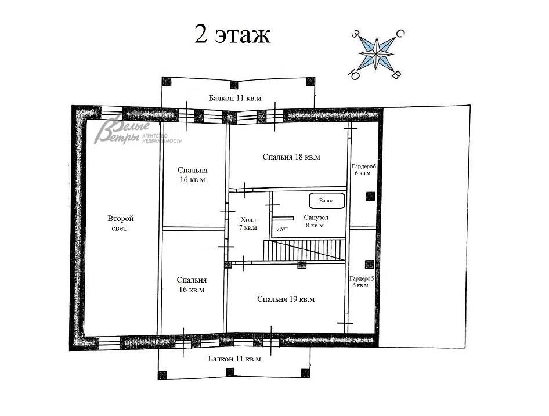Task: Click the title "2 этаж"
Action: click(x=233, y=35)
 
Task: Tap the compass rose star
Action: click(x=377, y=53)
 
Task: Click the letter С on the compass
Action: click(x=400, y=34)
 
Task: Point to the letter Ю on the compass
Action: click(x=354, y=75)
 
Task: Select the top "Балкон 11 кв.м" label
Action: click(x=235, y=98)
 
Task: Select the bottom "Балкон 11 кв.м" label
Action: click(x=234, y=359)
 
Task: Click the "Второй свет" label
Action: click(x=121, y=223)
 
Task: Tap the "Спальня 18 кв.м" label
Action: click(x=291, y=157)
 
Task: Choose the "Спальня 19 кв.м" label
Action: click(x=286, y=299)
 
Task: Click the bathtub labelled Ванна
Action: click(x=327, y=201)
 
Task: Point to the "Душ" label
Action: click(x=283, y=229)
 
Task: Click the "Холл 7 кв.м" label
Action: click(x=248, y=224)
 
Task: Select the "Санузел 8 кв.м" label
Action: click(x=316, y=222)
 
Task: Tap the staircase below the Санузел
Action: click(x=305, y=250)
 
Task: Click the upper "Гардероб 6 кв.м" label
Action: click(x=364, y=170)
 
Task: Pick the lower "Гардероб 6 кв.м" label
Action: click(x=362, y=282)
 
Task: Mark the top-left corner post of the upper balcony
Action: click(x=167, y=82)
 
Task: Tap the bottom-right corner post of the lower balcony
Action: click(x=306, y=372)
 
